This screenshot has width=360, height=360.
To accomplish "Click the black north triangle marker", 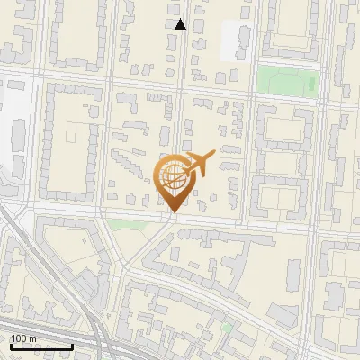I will tap(180, 24).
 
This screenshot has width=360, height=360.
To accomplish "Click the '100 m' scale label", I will tap(23, 338).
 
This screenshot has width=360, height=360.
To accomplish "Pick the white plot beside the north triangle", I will tap(236, 40).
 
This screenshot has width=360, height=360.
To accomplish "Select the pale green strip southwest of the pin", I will tap(126, 223).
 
